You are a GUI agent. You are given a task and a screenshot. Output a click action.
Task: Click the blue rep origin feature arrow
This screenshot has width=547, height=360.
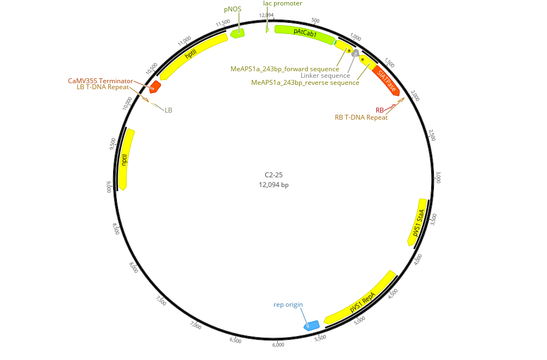(x=311, y=325)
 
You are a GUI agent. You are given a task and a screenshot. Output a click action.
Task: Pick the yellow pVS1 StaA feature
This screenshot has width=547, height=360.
(x=418, y=222)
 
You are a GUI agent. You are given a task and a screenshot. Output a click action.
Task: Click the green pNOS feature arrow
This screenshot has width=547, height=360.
(x=237, y=33)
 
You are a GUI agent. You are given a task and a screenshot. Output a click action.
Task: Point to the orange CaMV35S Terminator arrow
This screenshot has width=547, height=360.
(x=155, y=86)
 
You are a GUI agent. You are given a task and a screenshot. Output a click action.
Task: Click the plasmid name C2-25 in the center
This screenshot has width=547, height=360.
(x=273, y=175)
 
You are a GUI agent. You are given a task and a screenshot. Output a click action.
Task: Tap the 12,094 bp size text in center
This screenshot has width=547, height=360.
(x=273, y=185)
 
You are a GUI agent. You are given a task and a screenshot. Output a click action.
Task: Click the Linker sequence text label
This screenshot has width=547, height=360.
(x=325, y=76)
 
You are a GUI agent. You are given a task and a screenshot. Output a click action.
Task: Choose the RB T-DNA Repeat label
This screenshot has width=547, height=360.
(x=361, y=117)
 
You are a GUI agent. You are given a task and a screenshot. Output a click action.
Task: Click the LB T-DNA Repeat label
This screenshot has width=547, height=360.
(x=103, y=86)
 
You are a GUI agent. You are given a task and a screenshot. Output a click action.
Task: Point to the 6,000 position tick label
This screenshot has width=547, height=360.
(x=278, y=344)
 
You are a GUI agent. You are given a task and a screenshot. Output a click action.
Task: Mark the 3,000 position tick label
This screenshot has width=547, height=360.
(x=439, y=177)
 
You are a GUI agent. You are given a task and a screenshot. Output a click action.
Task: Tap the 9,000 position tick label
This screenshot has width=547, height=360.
(x=108, y=186)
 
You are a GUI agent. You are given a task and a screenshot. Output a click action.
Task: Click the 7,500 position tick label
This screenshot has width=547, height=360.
(x=161, y=301)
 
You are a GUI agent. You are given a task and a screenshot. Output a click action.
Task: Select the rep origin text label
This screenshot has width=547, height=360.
(x=288, y=305)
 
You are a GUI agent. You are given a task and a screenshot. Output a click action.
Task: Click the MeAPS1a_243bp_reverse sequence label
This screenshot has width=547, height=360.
(x=305, y=83)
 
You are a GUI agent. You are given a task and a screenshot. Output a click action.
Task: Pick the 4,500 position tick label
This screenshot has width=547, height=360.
(x=393, y=294)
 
